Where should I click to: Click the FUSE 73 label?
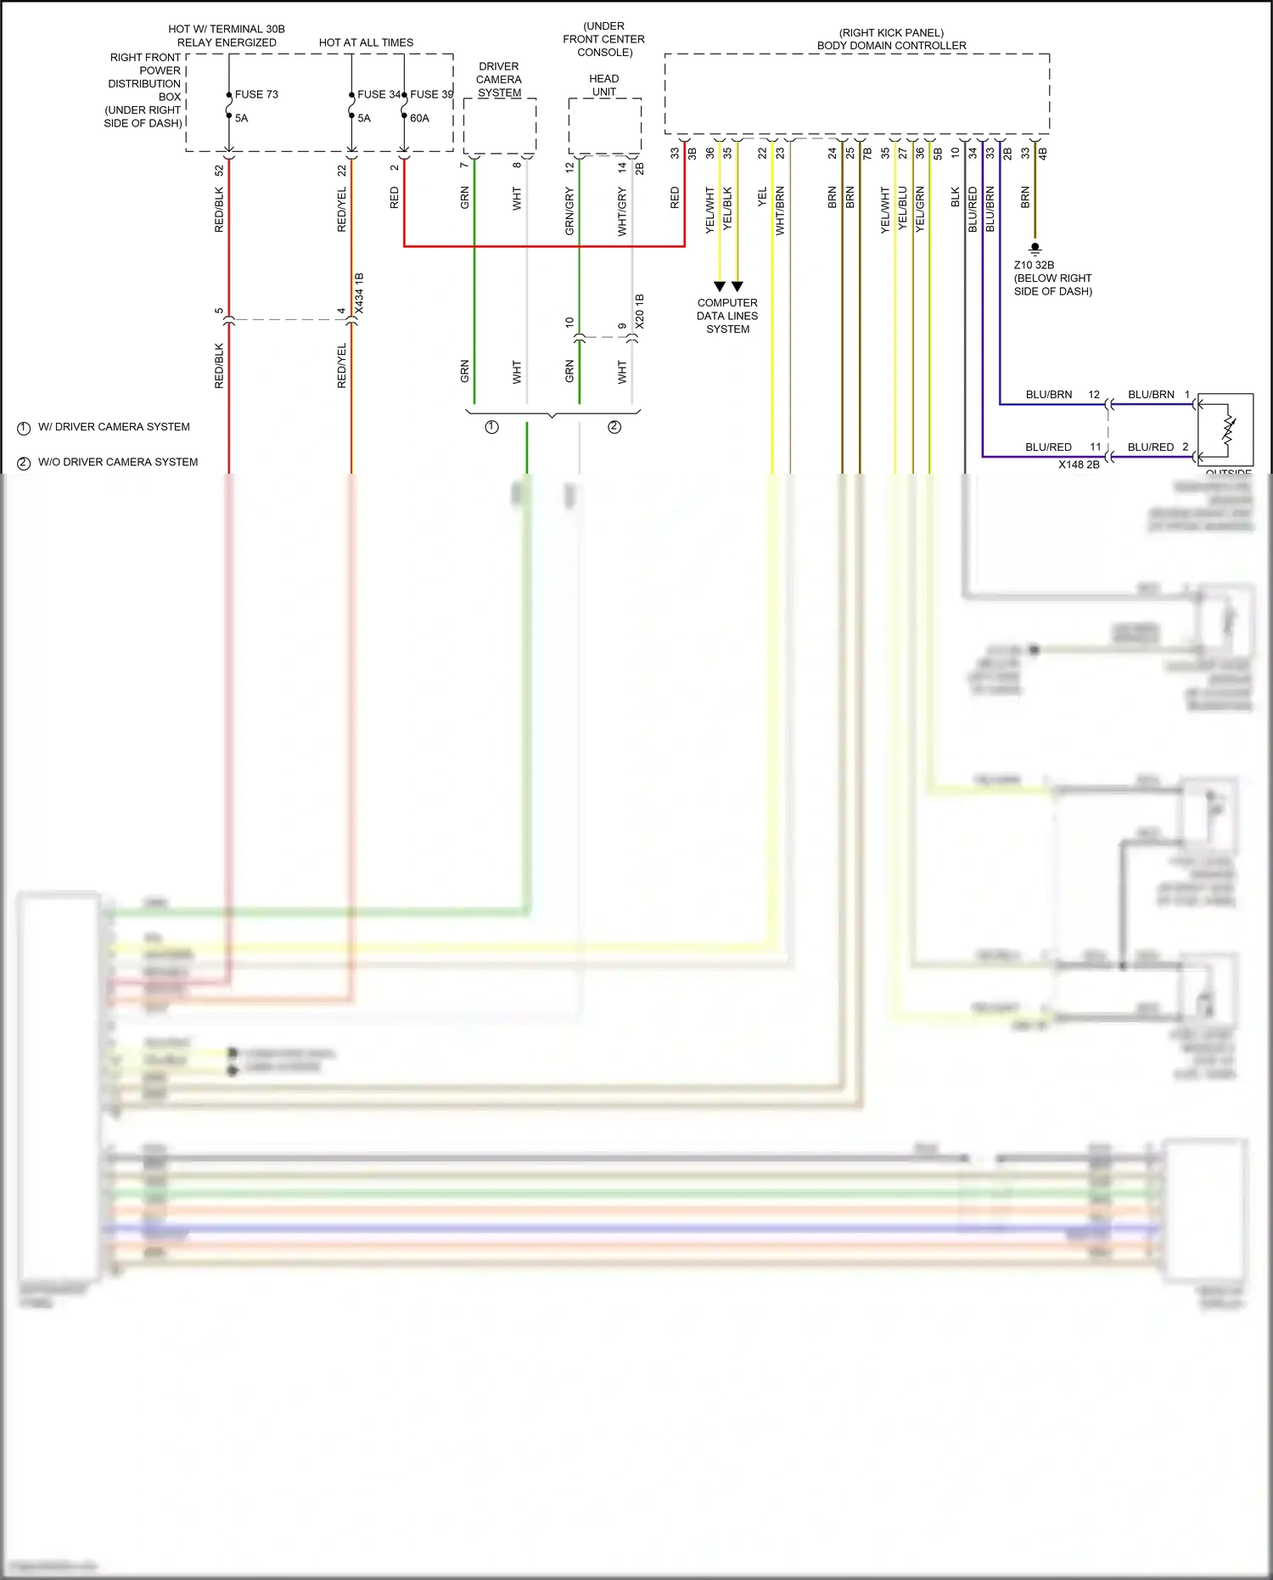256,94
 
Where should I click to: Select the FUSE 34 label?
378,94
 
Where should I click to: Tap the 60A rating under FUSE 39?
419,118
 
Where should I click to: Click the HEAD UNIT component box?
604,126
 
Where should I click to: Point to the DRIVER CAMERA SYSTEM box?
500,126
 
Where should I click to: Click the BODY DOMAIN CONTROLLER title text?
891,46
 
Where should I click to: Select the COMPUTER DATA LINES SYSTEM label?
727,316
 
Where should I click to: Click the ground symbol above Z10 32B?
1035,249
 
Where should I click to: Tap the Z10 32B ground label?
1034,265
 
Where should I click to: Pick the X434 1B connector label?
359,294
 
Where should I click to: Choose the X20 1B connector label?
639,312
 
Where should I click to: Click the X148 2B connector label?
1079,464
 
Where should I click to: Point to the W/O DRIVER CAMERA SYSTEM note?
118,462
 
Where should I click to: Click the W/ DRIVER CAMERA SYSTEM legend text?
114,427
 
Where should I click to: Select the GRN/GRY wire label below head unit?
569,211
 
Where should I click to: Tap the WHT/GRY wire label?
622,212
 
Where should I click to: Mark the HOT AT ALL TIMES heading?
366,42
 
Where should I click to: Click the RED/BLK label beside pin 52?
219,210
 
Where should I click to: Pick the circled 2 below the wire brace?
614,427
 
